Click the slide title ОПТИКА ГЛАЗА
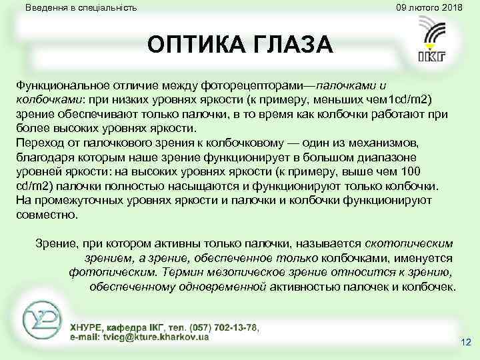(239, 46)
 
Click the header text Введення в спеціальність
(81, 8)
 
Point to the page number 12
(465, 343)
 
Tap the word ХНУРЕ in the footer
(89, 327)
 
